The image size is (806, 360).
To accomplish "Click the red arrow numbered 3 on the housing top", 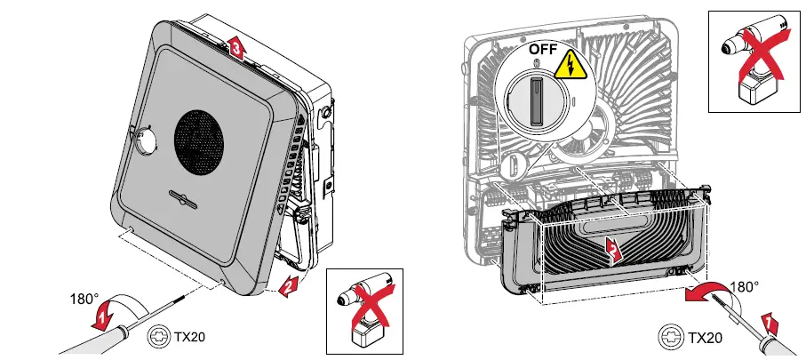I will (234, 48).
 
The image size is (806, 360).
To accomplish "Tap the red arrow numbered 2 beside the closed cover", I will (286, 284).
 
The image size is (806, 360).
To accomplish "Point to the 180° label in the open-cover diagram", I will (744, 287).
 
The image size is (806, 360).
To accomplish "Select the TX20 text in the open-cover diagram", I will (706, 339).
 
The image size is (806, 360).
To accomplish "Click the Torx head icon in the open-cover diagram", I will (673, 338).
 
